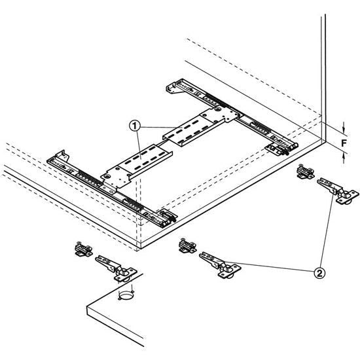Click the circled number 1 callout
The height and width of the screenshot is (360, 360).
coord(135,126)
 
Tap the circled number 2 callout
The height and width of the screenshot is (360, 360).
coord(319,273)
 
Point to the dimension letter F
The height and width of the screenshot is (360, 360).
coord(344,143)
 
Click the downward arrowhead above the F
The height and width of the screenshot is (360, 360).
coord(344,130)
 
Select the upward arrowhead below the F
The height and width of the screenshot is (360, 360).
coord(344,156)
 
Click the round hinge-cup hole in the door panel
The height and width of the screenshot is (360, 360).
coord(126,295)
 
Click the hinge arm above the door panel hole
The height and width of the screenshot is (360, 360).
coord(116,268)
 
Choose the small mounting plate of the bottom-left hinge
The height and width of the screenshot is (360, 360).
coord(84,249)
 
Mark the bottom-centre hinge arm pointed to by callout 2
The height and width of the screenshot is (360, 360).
coord(220,264)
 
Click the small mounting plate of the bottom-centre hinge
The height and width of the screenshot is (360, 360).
coord(188,245)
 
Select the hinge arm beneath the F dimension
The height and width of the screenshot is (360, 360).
coord(338,190)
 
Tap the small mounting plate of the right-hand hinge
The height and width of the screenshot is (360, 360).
coord(306,171)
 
